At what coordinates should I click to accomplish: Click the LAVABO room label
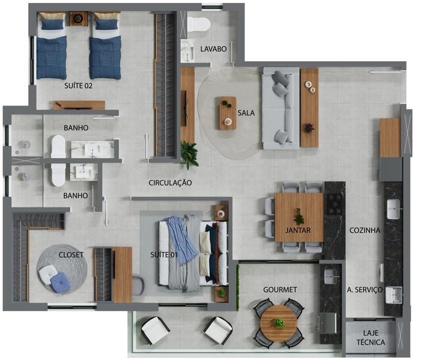(x=213, y=49)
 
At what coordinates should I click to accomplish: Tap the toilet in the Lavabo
(x=198, y=24)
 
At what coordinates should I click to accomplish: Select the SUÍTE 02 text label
(x=79, y=86)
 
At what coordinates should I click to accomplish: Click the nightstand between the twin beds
(x=79, y=19)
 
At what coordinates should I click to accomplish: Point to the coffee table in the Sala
(x=228, y=113)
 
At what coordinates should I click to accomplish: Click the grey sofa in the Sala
(x=280, y=109)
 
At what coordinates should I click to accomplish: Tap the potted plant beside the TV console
(x=189, y=155)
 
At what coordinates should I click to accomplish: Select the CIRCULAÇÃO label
(x=170, y=183)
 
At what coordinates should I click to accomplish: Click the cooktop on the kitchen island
(x=335, y=204)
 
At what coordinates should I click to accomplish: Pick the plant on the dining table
(x=298, y=217)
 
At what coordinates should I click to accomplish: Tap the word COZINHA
(x=365, y=230)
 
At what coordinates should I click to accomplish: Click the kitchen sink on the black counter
(x=393, y=209)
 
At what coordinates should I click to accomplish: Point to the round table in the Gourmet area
(x=279, y=323)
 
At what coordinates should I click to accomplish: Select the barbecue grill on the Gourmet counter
(x=327, y=323)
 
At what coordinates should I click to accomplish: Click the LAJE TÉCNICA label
(x=371, y=338)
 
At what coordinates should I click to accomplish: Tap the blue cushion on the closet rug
(x=61, y=283)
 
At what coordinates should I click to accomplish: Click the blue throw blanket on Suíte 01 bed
(x=182, y=239)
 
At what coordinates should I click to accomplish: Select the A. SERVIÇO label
(x=365, y=290)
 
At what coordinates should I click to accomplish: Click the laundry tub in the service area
(x=394, y=295)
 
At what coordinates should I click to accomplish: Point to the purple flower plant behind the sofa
(x=309, y=128)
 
